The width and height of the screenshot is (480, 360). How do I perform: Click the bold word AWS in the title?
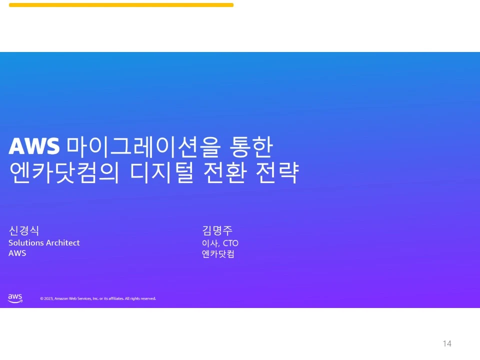(34, 146)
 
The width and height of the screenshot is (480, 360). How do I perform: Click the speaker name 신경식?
(23, 230)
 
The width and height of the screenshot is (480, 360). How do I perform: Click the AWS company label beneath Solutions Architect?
(17, 253)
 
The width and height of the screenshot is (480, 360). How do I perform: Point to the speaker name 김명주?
(217, 230)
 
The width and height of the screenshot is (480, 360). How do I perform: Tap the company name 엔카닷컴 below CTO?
(217, 254)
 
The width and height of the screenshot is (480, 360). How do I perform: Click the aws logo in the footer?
(15, 298)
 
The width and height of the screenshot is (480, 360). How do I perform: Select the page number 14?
(447, 343)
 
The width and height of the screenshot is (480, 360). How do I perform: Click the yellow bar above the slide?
(121, 5)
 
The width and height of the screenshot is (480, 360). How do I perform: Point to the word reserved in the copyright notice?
(148, 298)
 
